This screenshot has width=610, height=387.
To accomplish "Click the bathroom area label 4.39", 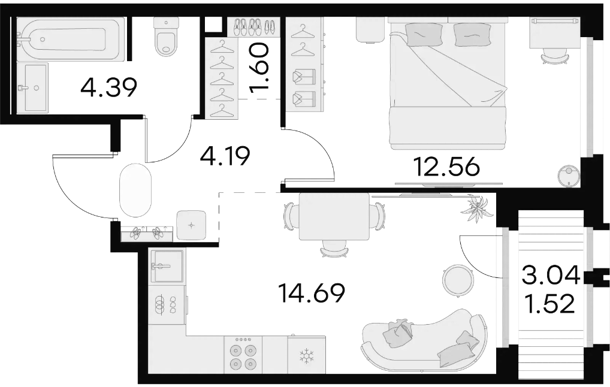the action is (109, 87).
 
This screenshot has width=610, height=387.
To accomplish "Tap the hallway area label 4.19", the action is (225, 156).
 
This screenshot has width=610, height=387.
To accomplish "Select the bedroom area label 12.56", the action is (446, 167).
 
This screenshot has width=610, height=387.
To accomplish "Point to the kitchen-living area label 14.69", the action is (312, 293).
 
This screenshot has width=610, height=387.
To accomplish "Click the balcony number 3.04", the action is (551, 274).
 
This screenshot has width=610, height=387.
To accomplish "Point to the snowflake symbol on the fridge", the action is (306, 356).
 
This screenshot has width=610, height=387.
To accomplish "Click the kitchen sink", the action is (166, 266).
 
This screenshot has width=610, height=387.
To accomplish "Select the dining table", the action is (334, 217).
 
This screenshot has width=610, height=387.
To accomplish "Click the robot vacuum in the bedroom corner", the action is (569, 176).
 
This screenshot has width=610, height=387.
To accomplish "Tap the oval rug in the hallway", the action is (135, 191).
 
